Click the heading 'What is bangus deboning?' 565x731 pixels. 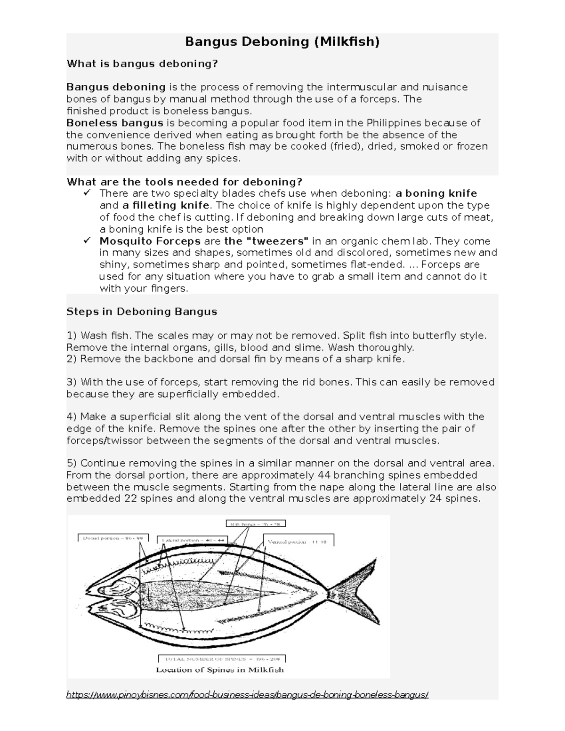click(x=142, y=64)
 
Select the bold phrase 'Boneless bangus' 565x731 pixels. click(x=115, y=123)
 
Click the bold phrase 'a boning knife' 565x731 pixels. click(x=436, y=193)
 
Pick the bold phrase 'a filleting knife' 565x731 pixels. click(x=166, y=205)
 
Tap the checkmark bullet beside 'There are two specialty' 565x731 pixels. click(x=87, y=193)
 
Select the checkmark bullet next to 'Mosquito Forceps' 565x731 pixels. click(x=87, y=241)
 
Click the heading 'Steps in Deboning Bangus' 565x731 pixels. click(x=142, y=312)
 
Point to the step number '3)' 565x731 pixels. click(x=72, y=382)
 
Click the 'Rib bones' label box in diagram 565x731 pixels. click(x=256, y=523)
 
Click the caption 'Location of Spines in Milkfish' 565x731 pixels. click(x=220, y=670)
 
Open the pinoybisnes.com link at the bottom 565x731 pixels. click(x=248, y=695)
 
